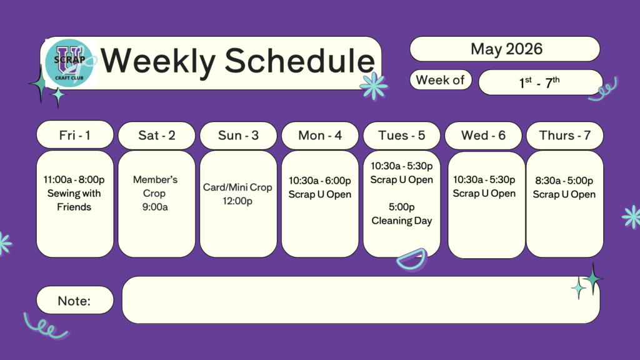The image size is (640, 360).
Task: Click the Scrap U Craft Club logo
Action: click(x=69, y=63)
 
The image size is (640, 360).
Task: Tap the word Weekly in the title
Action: click(x=158, y=61)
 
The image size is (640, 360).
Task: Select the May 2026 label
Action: click(x=506, y=49)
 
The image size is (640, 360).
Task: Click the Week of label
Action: click(x=440, y=80)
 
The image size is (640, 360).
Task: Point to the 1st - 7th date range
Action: click(x=539, y=82)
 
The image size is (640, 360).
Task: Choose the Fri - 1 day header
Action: click(x=75, y=135)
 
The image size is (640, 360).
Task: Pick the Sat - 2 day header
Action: click(x=157, y=135)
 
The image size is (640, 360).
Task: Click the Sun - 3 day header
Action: click(x=238, y=135)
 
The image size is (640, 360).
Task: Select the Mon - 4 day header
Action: click(x=320, y=135)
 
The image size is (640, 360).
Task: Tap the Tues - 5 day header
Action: click(x=402, y=135)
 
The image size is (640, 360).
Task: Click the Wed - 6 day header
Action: click(x=483, y=135)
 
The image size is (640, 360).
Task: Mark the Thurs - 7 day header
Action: click(x=565, y=135)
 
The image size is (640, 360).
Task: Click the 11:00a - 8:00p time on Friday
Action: click(x=74, y=179)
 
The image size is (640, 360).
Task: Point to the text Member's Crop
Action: click(x=155, y=186)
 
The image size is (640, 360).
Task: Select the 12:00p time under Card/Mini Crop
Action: click(x=237, y=201)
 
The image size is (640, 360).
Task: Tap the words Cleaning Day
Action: click(x=402, y=221)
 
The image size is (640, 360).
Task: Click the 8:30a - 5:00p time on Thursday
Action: click(x=564, y=181)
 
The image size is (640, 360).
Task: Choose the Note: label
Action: click(x=74, y=301)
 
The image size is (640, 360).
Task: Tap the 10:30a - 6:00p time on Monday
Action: click(x=319, y=181)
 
